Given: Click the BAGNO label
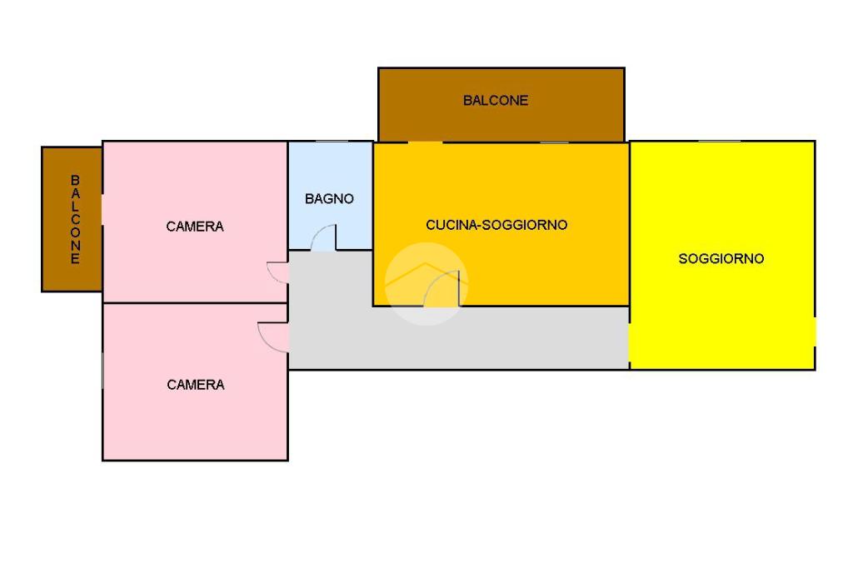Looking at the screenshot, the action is (329, 199).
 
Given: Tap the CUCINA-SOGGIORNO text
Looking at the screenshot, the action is (496, 225).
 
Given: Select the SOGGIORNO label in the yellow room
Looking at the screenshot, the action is (721, 259).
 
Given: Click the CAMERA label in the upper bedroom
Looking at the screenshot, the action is (195, 227).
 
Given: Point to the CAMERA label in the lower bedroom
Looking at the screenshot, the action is (195, 385).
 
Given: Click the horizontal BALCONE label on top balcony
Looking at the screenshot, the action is (496, 101).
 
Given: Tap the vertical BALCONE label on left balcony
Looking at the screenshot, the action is (75, 219).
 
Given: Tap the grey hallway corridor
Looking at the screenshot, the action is (457, 338).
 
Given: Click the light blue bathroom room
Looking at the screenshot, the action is (330, 195).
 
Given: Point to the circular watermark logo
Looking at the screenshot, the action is (426, 283).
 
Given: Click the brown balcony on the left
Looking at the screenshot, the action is (72, 219).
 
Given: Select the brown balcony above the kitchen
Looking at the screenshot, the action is (501, 104).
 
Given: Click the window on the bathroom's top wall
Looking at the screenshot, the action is (332, 142).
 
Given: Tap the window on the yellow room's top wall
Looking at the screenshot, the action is (719, 142).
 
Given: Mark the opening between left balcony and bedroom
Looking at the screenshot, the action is (102, 210).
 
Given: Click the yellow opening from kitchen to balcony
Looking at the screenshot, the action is (425, 142).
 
